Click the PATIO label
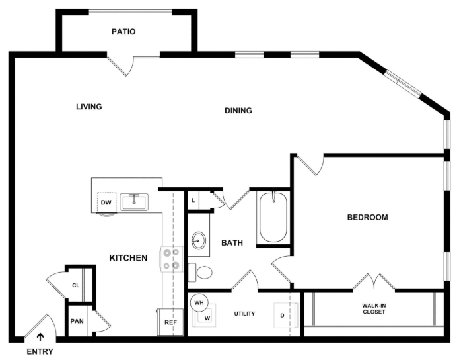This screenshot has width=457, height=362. pyautogui.click(x=123, y=32)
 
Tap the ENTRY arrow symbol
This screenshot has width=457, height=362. pyautogui.click(x=40, y=337)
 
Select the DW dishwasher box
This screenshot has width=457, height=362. pyautogui.click(x=106, y=203)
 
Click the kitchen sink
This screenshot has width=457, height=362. pyautogui.click(x=134, y=202)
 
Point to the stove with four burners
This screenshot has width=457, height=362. pyautogui.click(x=172, y=259)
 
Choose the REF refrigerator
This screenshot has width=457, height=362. pyautogui.click(x=170, y=322)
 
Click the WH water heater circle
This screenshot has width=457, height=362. pyautogui.click(x=199, y=302)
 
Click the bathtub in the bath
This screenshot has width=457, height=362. pyautogui.click(x=273, y=217)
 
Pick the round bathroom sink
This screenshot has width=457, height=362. pyautogui.click(x=199, y=240)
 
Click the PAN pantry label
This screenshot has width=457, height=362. pyautogui.click(x=77, y=321)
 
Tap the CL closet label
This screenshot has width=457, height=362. pyautogui.click(x=76, y=285)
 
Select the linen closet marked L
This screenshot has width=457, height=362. pyautogui.click(x=193, y=201)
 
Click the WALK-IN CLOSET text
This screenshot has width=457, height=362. pyautogui.click(x=374, y=309)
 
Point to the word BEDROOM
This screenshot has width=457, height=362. pyautogui.click(x=368, y=217)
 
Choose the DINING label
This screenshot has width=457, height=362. pyautogui.click(x=238, y=111)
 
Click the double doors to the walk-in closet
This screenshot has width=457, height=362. pyautogui.click(x=374, y=281)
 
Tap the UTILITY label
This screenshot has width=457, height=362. pyautogui.click(x=244, y=314)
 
